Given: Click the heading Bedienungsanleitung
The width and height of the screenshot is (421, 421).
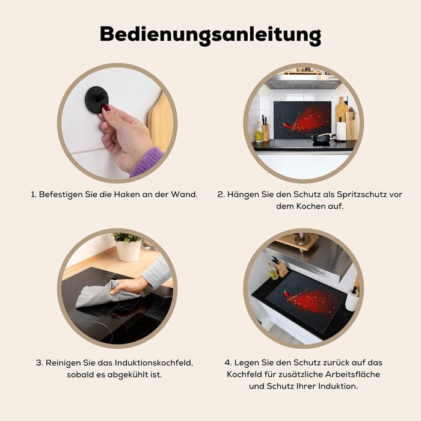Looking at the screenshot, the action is pos(210,35).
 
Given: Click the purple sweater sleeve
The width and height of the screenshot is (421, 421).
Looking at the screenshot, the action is pos(147,162).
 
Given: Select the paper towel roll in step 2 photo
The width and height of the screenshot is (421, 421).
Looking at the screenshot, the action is pos(341,131).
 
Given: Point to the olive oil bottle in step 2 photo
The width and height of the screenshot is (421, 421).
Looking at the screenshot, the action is pos(259,133).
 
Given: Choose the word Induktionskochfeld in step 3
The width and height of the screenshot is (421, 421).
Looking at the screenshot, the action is pos(153,363).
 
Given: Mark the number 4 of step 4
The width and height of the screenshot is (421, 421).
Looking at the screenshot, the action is pos(227,363).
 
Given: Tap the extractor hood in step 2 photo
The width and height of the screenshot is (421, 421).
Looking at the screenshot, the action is pos(303,81).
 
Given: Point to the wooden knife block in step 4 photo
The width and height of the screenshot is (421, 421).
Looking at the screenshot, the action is pos(282,271).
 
